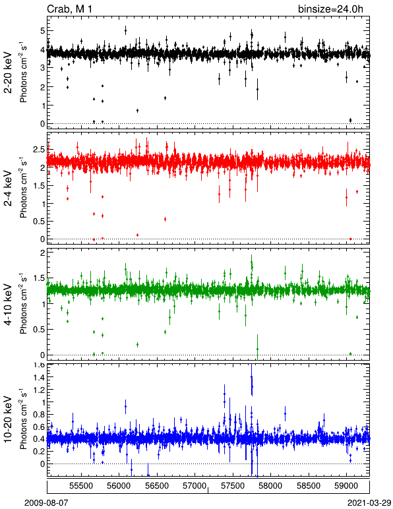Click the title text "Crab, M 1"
click(x=69, y=9)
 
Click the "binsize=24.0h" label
click(x=330, y=9)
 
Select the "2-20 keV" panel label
click(x=8, y=73)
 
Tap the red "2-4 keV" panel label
click(x=8, y=189)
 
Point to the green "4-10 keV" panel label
click(x=8, y=304)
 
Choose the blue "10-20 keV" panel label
click(x=8, y=419)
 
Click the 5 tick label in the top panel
click(x=42, y=31)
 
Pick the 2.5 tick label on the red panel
click(x=38, y=150)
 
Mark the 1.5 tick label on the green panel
click(x=38, y=278)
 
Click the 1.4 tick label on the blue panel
click(x=38, y=377)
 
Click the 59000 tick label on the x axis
click(x=347, y=486)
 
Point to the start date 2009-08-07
click(x=46, y=503)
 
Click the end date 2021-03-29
click(x=369, y=503)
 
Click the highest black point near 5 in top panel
click(x=125, y=31)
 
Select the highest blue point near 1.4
click(x=251, y=377)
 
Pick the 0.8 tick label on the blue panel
click(x=38, y=415)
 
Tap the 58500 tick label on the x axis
click(x=309, y=486)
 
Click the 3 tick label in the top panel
click(x=42, y=68)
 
